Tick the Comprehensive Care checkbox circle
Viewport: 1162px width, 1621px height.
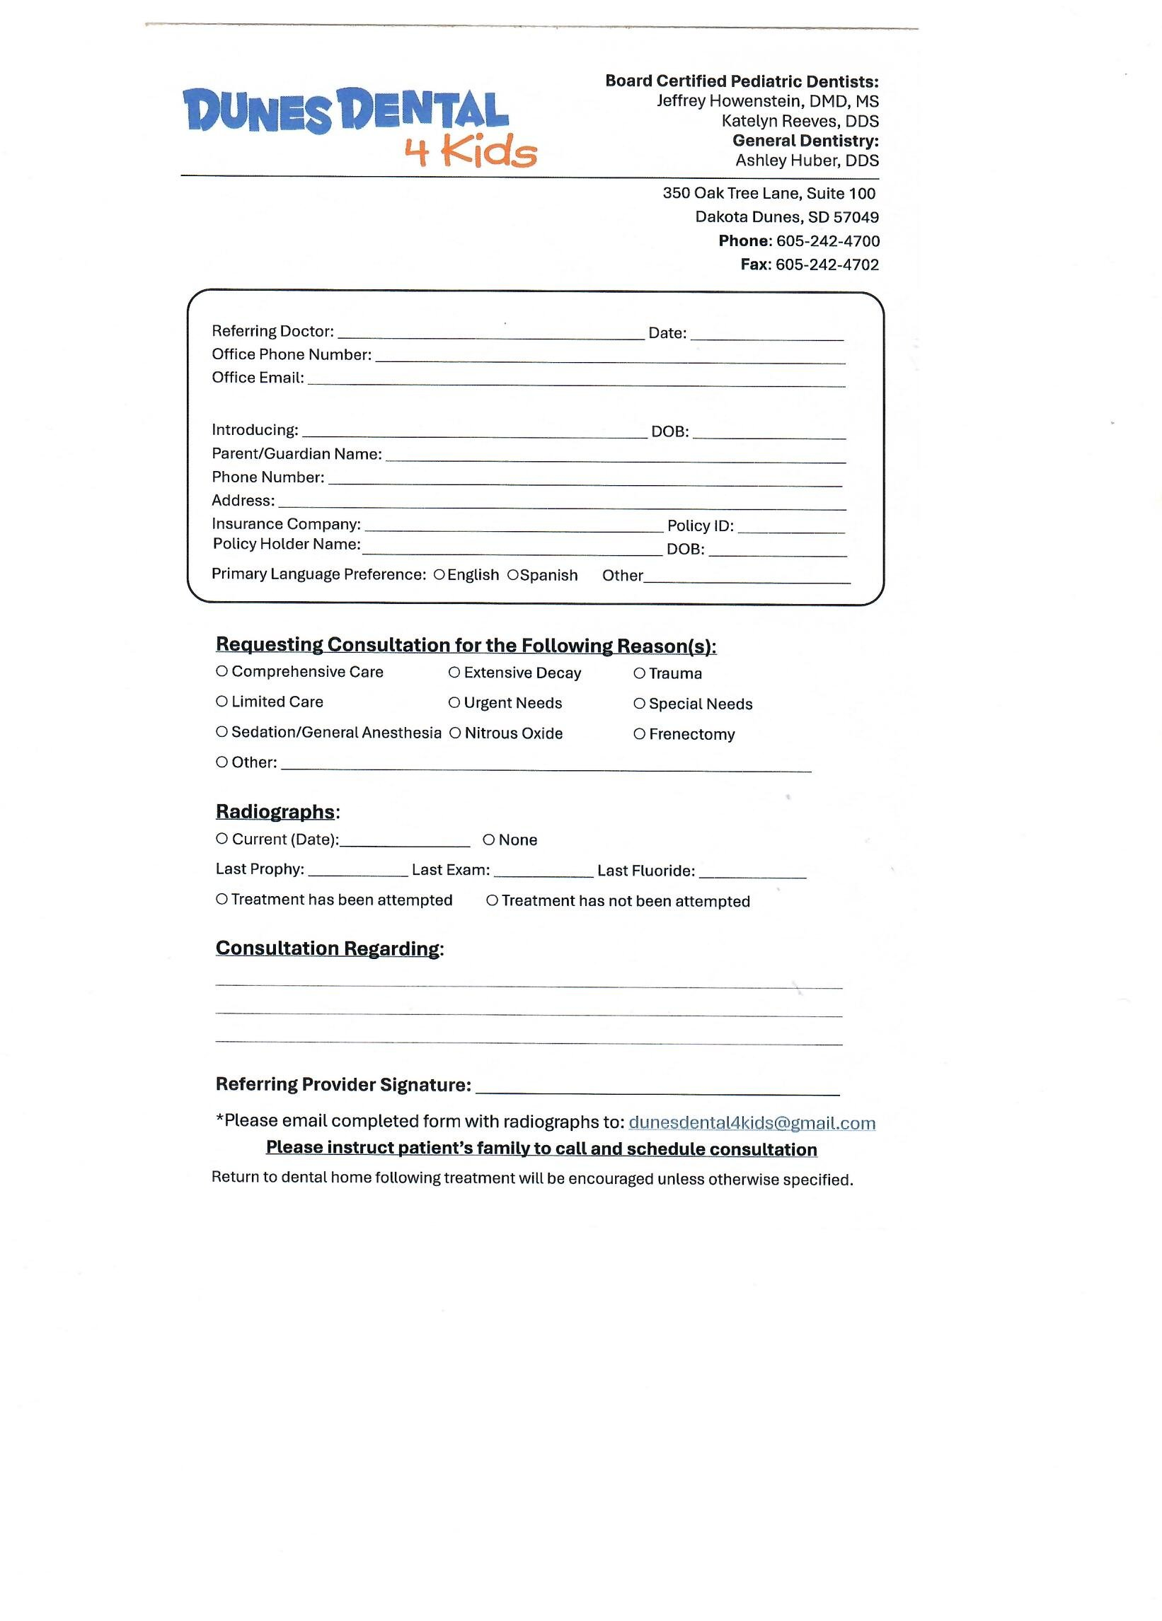(222, 671)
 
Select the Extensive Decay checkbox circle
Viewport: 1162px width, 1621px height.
(454, 673)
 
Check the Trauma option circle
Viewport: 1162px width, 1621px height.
(639, 673)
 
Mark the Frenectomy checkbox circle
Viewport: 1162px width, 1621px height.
(639, 734)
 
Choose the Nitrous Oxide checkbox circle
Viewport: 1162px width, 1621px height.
(455, 733)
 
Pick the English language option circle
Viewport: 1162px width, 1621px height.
(439, 575)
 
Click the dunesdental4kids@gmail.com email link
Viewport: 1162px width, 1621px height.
(752, 1123)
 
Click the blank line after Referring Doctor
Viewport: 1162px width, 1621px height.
(490, 334)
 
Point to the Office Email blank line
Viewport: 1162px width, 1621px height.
(575, 381)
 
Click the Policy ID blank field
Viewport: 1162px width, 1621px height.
(791, 528)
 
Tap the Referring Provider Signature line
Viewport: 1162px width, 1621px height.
(657, 1088)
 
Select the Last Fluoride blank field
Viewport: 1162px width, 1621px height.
(752, 872)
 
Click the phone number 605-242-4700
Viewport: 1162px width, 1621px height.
(827, 241)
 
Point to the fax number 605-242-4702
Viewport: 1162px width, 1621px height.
(827, 265)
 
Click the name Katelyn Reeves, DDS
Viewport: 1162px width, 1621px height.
(800, 121)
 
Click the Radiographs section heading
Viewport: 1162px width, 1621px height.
(275, 812)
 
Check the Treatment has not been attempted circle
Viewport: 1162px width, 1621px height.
(492, 900)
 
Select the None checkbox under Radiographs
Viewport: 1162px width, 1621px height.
(489, 839)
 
